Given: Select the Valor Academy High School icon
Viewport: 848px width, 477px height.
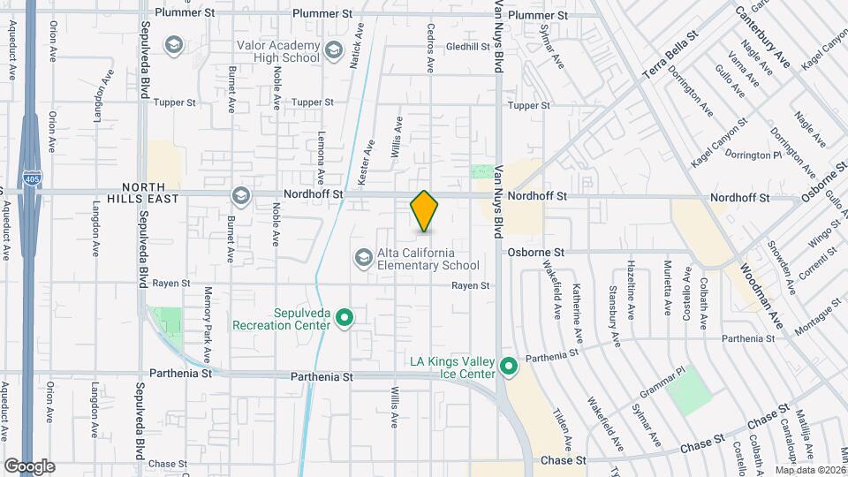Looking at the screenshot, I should coord(334,49).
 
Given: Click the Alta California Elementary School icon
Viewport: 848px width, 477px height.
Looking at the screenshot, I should coord(362,257).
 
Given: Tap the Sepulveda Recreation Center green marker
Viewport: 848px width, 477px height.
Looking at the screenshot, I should coord(345,316).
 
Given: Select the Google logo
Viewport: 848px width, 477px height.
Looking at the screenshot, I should coord(29,466).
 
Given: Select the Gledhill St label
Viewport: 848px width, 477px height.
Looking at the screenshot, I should coord(468,46).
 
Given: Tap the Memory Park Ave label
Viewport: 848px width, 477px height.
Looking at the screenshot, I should coord(209,325).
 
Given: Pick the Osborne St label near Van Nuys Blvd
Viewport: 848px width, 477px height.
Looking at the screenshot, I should coord(535,252).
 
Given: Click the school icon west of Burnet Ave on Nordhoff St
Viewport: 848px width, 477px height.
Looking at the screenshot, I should coord(239,195).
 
